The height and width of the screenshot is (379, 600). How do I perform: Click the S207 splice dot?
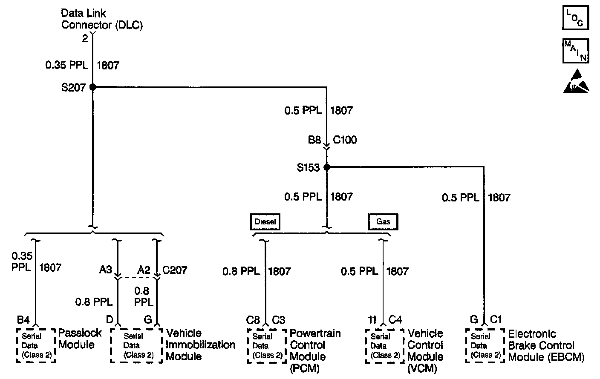click(92, 87)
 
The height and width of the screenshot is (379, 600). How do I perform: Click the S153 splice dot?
click(327, 167)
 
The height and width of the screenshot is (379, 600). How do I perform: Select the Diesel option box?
click(265, 222)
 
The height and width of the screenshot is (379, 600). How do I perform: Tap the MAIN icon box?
click(575, 51)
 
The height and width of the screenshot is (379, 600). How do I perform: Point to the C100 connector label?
click(345, 140)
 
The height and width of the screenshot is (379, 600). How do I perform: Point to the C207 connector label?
click(175, 270)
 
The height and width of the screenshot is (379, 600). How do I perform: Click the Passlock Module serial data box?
click(36, 345)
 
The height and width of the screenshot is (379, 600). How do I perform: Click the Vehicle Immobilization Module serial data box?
click(136, 345)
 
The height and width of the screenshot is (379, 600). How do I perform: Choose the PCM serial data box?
click(266, 345)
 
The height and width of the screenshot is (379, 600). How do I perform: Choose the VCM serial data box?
click(384, 345)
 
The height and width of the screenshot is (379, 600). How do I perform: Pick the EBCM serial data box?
click(484, 345)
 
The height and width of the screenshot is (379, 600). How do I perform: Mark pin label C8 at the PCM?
click(253, 319)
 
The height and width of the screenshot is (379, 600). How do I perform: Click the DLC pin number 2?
click(85, 39)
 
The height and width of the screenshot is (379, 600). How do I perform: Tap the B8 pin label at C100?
click(314, 140)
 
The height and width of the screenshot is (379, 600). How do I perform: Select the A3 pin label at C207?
click(106, 270)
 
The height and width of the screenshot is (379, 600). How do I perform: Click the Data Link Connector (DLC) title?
click(102, 19)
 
